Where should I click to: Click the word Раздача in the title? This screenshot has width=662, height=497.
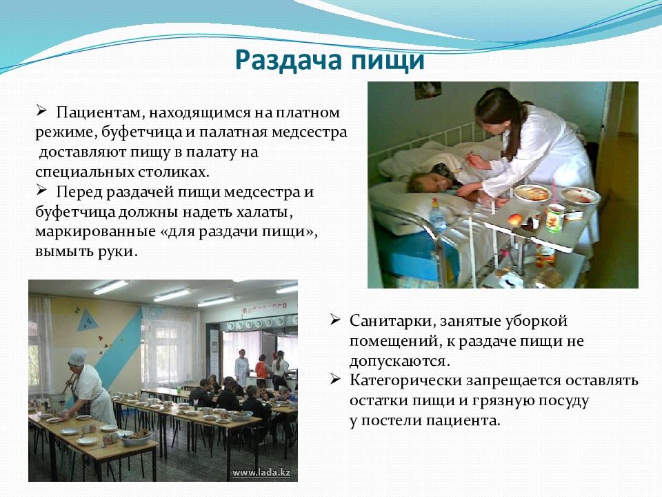click(x=289, y=59)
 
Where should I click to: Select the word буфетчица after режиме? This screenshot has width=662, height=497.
click(x=141, y=133)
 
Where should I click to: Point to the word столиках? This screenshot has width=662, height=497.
click(x=174, y=172)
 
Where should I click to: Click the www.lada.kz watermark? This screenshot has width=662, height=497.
click(x=261, y=472)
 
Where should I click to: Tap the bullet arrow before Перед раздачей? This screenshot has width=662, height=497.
click(x=41, y=191)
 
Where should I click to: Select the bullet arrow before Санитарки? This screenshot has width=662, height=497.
click(x=335, y=320)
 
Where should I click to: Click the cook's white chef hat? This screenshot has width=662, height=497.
click(x=77, y=356)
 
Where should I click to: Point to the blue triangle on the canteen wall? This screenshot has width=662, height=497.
click(x=87, y=320)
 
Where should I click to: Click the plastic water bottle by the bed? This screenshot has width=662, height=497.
click(x=438, y=215)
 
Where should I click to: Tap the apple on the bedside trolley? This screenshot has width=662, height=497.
click(x=516, y=220)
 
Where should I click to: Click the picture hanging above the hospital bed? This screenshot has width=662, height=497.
click(x=428, y=90)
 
